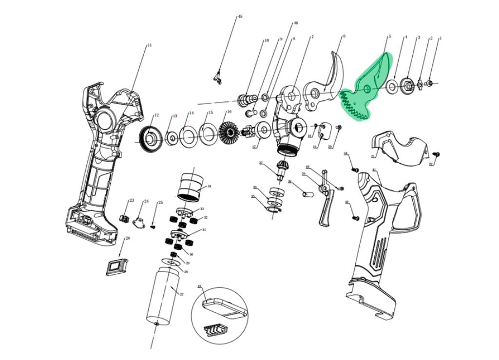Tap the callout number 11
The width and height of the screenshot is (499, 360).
[149, 45]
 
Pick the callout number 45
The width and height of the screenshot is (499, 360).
[240, 17]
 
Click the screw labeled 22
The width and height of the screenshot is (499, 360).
[437, 154]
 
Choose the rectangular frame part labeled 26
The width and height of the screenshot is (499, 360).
[116, 266]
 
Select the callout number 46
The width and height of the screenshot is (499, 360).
[295, 23]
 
